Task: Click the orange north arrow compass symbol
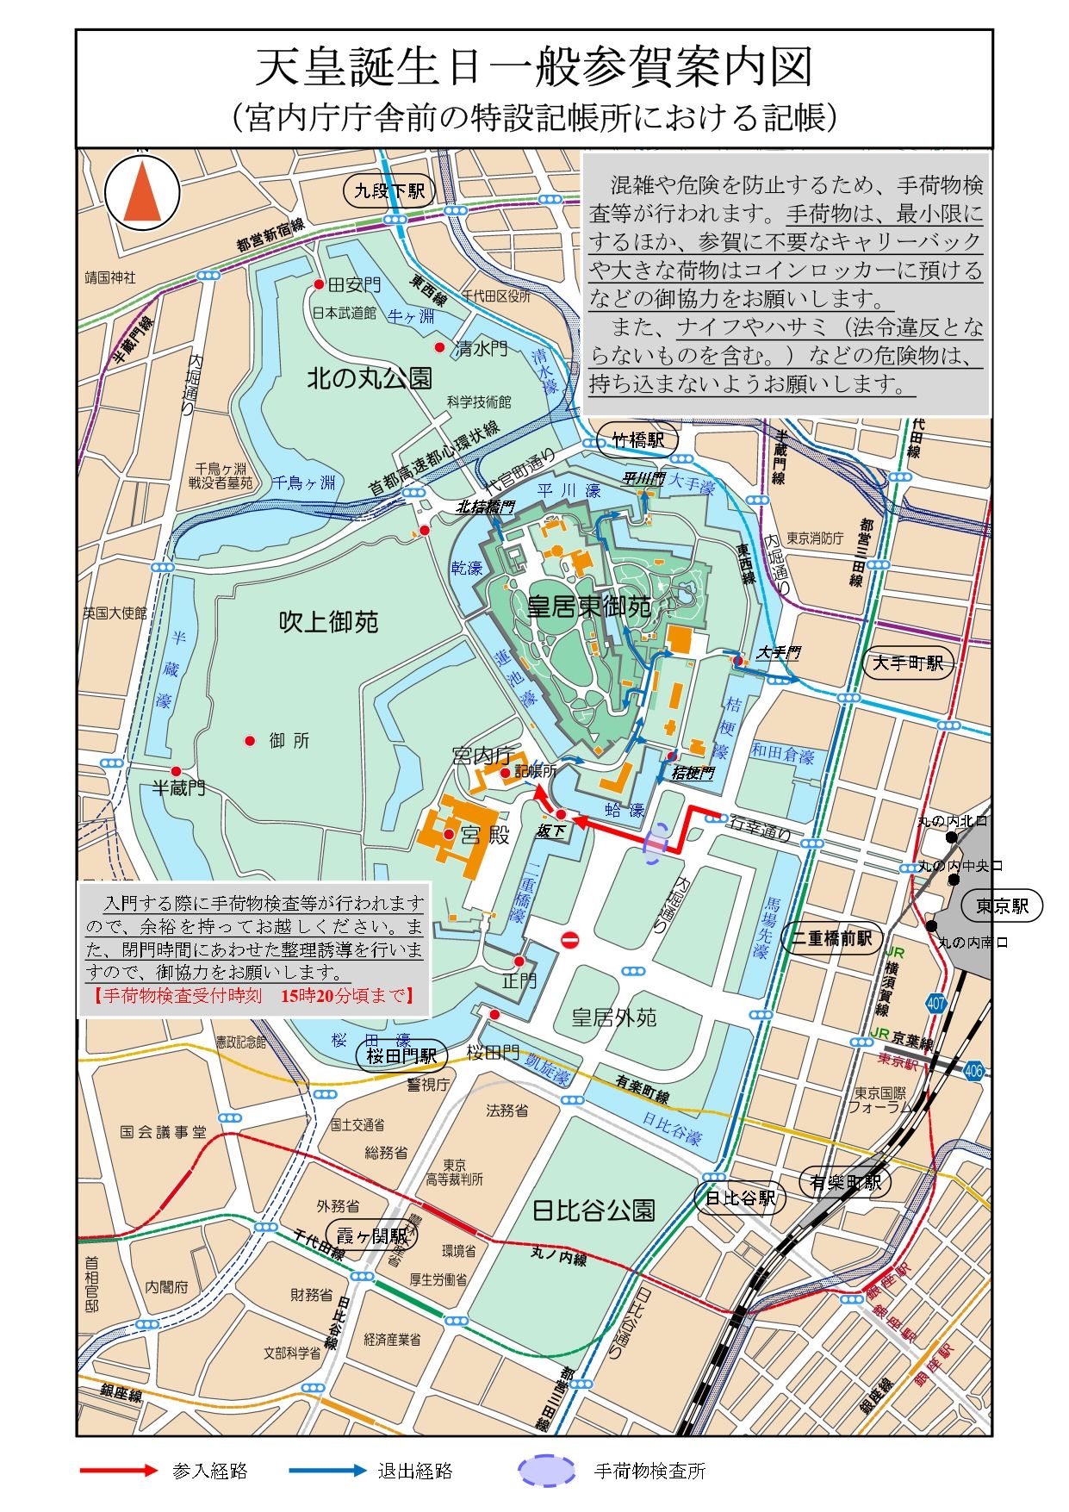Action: (x=142, y=192)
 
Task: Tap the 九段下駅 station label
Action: (x=389, y=190)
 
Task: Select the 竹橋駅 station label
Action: (x=638, y=440)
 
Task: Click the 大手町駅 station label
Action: (x=908, y=663)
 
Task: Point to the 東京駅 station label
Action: (x=1003, y=905)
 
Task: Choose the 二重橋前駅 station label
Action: (x=830, y=938)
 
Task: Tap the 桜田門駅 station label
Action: (x=401, y=1055)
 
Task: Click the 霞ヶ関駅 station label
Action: (x=370, y=1236)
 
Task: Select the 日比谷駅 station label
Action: (x=740, y=1198)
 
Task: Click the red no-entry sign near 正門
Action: (x=569, y=939)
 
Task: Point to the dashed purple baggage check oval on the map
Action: (x=656, y=842)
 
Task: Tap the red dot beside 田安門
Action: (x=319, y=284)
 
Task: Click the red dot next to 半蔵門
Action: (x=176, y=772)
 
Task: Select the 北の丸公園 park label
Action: (x=370, y=378)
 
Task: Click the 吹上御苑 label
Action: (x=328, y=622)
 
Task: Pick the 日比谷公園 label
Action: (x=594, y=1210)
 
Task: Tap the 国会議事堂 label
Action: (x=164, y=1132)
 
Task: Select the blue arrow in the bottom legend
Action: (x=327, y=1471)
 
